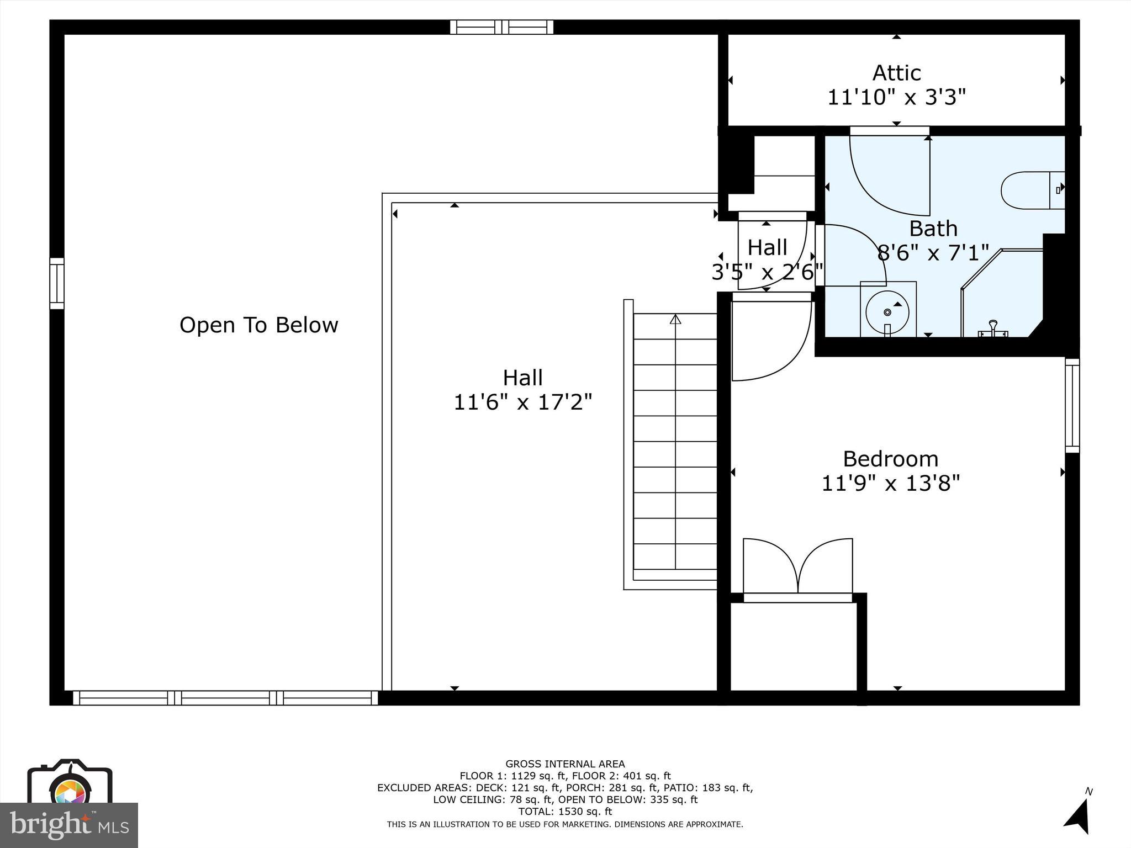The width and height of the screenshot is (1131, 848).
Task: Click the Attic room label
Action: tap(896, 73)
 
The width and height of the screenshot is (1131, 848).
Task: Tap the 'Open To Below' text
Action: tap(258, 325)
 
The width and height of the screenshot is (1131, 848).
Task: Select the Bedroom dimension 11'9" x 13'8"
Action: tap(890, 484)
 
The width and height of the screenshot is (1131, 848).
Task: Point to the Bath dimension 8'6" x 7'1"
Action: tap(933, 253)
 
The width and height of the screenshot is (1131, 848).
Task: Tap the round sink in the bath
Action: tap(887, 312)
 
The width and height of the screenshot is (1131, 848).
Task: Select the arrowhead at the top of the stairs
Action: tap(675, 319)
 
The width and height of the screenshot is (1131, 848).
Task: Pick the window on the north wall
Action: tap(501, 27)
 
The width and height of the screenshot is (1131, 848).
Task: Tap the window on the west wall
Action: tap(57, 283)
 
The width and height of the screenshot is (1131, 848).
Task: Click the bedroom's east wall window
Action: tap(1072, 405)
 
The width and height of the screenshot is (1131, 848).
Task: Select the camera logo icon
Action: tap(70, 785)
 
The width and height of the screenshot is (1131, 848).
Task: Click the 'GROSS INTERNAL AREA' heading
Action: tap(565, 764)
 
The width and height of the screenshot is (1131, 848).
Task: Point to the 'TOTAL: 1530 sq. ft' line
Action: tap(565, 812)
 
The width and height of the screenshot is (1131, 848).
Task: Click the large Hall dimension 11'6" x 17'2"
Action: tap(522, 402)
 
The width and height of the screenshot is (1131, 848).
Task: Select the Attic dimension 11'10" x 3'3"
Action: tap(896, 98)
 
